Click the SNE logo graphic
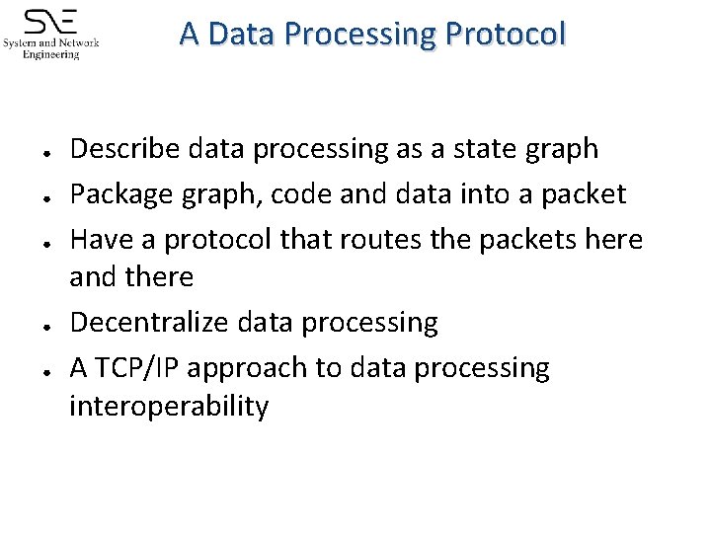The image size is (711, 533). (x=51, y=23)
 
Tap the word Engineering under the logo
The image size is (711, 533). (x=51, y=55)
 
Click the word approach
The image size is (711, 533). (x=247, y=368)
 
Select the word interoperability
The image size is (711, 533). (x=169, y=406)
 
